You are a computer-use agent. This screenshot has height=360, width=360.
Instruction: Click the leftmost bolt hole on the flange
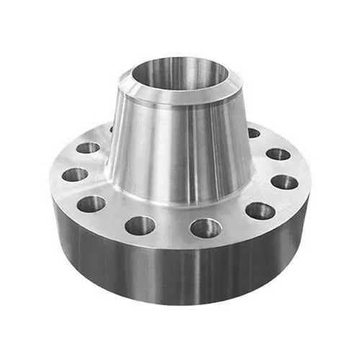click(74, 174)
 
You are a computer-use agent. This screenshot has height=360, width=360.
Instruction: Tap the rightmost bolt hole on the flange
click(284, 181)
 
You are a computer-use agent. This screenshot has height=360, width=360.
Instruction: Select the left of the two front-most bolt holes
click(140, 226)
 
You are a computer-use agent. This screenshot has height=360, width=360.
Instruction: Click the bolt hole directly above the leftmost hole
click(88, 148)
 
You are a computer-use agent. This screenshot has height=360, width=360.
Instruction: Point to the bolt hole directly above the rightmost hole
click(277, 153)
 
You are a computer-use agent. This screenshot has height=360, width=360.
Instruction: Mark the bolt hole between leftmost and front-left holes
click(91, 204)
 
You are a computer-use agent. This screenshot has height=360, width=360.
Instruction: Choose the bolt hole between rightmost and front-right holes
click(259, 211)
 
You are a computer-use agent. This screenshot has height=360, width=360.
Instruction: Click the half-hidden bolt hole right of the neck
click(253, 133)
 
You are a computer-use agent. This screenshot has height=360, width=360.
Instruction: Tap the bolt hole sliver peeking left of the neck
click(112, 130)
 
